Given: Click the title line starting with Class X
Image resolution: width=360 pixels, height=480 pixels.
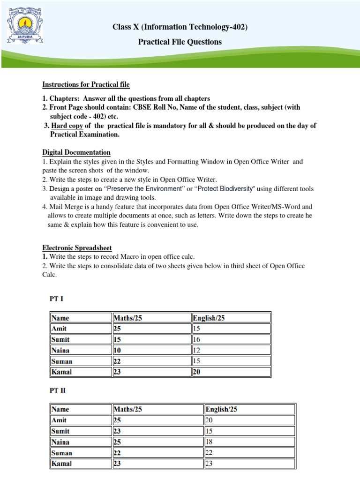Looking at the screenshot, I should tap(180, 27).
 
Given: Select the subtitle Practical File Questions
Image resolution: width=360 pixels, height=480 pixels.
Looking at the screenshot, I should tap(180, 42).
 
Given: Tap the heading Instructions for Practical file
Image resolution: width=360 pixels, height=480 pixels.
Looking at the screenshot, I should tap(86, 84).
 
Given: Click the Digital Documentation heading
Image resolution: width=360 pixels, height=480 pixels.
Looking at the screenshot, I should tap(76, 152).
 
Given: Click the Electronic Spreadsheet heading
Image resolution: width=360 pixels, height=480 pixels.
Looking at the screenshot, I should tap(77, 247).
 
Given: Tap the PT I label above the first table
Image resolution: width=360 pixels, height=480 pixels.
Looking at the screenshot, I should tap(57, 299).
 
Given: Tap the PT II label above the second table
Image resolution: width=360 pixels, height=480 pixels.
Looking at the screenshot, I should tap(58, 390).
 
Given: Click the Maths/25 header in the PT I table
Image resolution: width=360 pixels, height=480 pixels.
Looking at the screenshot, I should tap(127, 318).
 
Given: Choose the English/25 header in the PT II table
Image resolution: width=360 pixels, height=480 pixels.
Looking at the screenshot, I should tap(221, 409).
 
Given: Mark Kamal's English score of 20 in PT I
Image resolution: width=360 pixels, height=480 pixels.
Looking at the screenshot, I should tap(197, 372).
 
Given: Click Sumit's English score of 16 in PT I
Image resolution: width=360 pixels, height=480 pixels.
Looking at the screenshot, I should tap(197, 339).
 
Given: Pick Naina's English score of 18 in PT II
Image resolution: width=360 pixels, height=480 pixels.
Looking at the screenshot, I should tap(210, 442).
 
